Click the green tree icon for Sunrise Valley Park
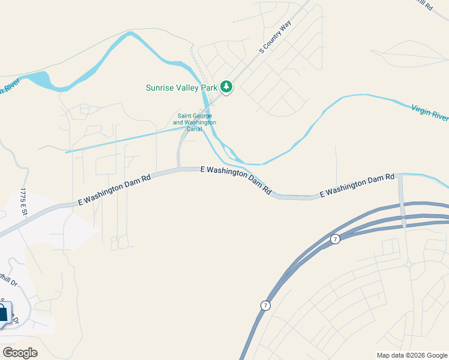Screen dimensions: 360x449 pos(226,88)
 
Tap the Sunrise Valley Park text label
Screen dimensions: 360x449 pos(181,88)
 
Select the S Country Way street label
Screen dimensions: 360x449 pos(275,38)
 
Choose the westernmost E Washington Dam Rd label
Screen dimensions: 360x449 pos(114,191)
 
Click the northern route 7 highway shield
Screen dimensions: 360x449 pos(335,239)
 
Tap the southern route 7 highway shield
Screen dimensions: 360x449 pos(265,305)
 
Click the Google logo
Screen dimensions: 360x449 pos(20,352)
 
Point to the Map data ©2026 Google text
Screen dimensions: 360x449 pos(412,355)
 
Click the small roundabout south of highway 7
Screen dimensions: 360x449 pos(408,264)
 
